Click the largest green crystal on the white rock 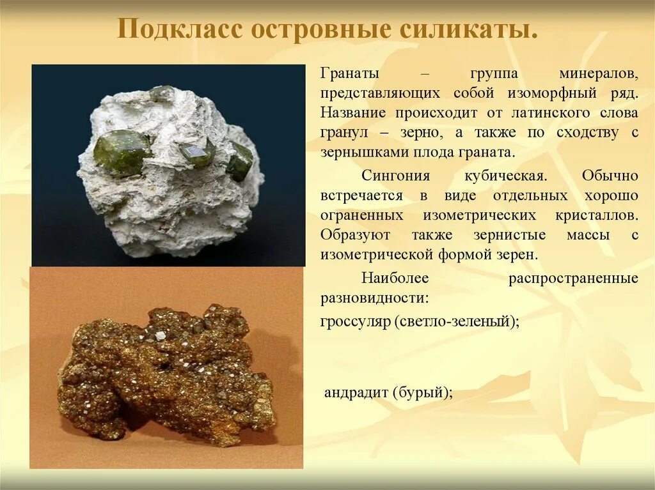[x=121, y=152]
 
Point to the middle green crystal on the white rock [x=197, y=153]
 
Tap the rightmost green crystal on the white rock [x=241, y=161]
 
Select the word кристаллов [x=592, y=215]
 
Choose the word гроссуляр [x=355, y=321]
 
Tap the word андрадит [x=355, y=392]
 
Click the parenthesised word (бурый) [x=423, y=392]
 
